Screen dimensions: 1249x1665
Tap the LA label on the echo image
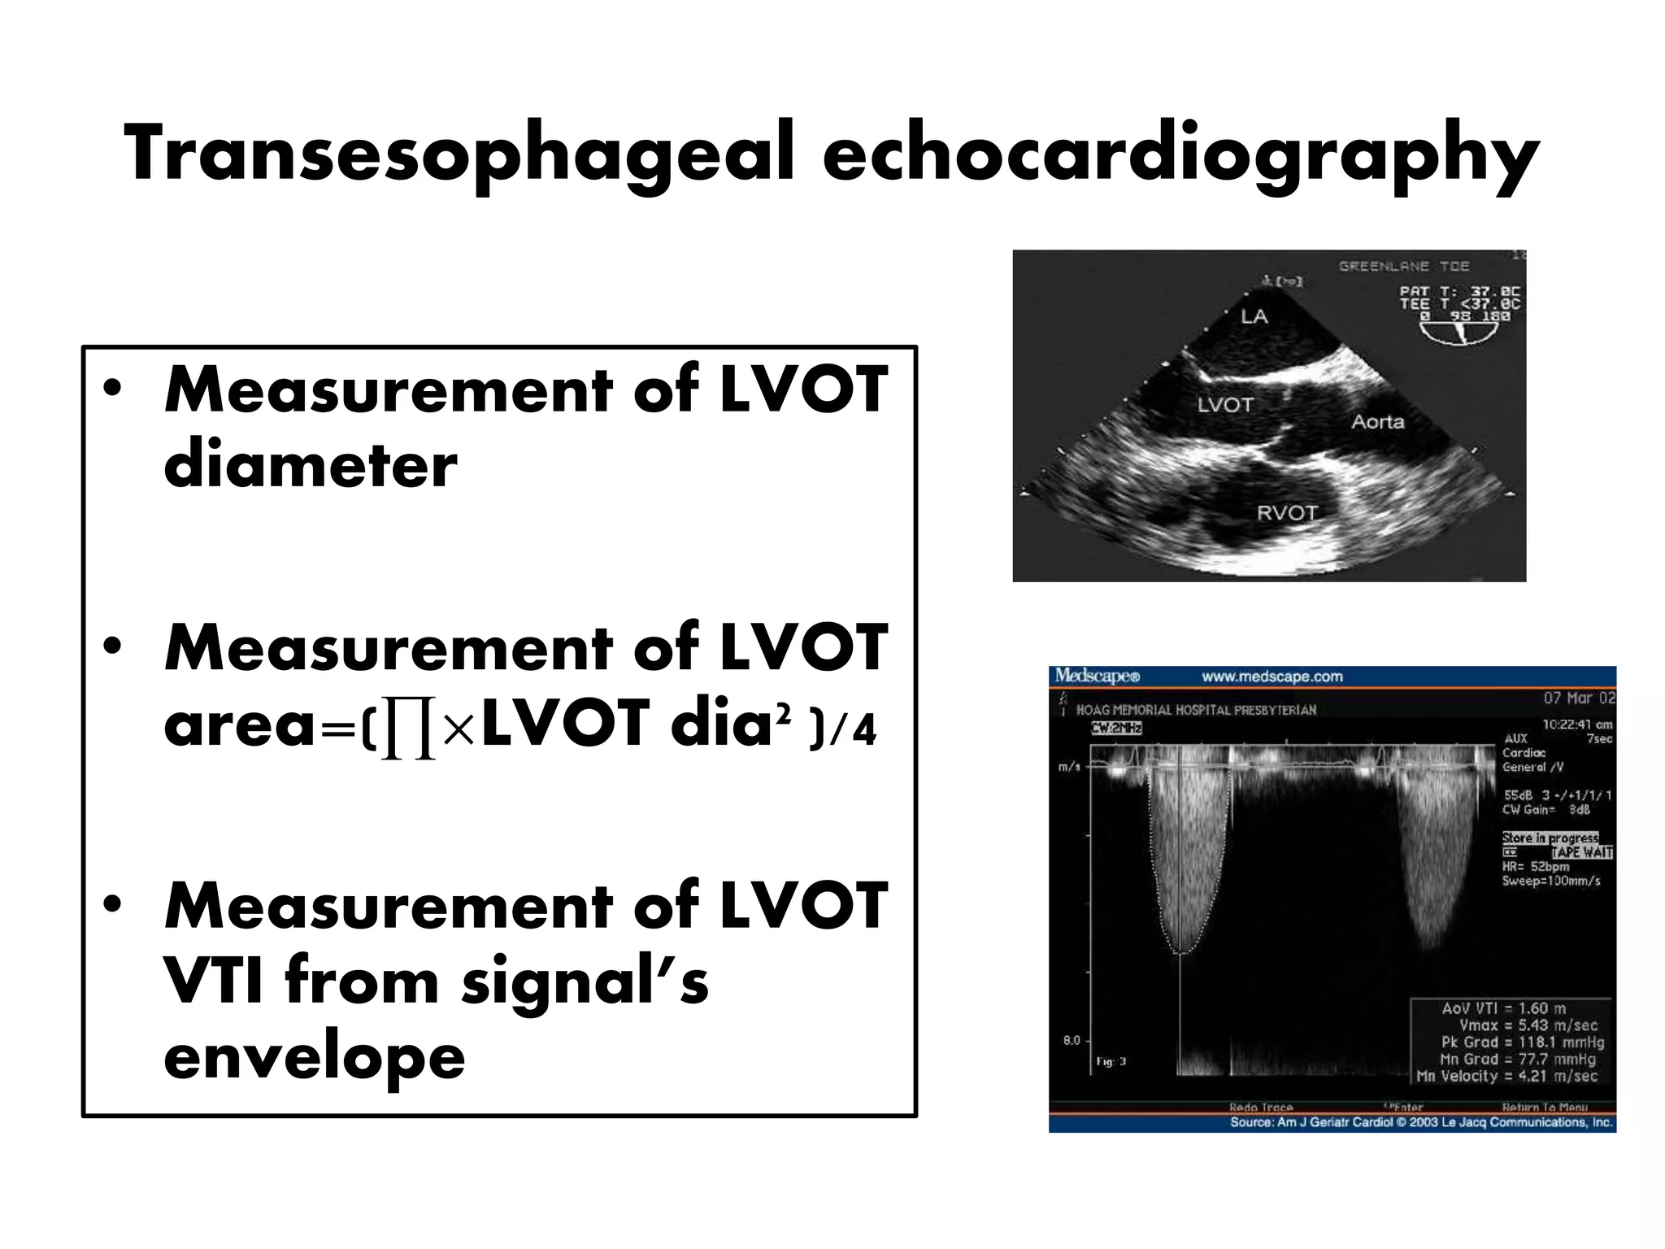(1254, 316)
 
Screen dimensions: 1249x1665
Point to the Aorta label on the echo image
(1377, 422)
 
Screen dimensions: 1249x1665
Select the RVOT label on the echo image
(1286, 513)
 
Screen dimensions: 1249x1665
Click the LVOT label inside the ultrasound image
(1224, 405)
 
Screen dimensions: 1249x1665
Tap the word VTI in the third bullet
(213, 981)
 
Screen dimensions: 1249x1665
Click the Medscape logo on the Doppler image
(1097, 676)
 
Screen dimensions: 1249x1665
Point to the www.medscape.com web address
(1272, 677)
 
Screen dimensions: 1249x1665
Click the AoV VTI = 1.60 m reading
(1503, 1008)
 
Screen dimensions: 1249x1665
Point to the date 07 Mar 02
(1579, 698)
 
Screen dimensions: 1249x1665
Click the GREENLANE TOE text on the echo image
(1404, 267)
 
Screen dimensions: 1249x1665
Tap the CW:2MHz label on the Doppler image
(1116, 728)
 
